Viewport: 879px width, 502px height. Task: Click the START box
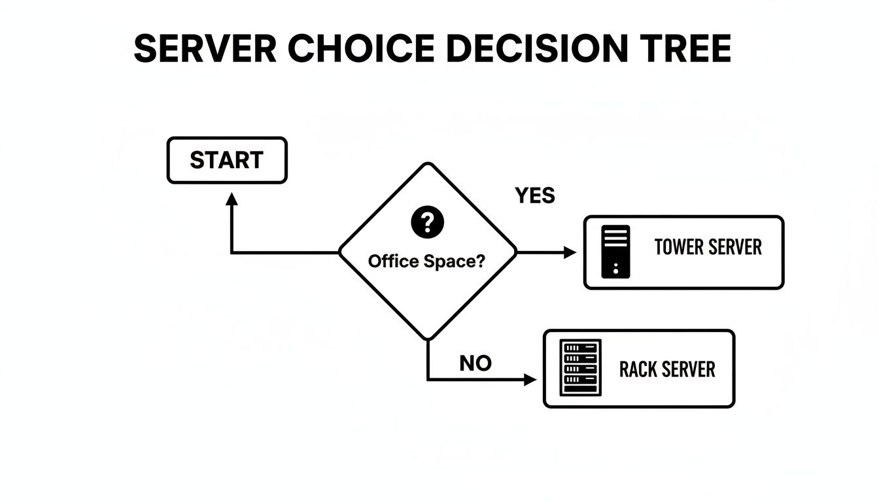[x=227, y=160]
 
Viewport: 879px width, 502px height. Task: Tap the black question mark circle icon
[x=427, y=222]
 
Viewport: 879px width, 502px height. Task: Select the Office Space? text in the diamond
[x=427, y=261]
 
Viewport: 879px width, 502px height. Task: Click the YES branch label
[x=534, y=195]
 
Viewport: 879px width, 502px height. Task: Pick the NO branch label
[x=475, y=363]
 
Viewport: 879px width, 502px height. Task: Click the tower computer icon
[x=616, y=252]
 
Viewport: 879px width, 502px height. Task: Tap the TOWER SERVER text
[x=708, y=247]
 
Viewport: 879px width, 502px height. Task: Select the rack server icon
[x=581, y=367]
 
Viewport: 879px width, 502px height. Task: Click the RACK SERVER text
[x=667, y=369]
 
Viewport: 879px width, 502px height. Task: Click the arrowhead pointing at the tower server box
[x=570, y=252]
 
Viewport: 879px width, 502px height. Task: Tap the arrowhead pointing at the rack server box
[x=530, y=380]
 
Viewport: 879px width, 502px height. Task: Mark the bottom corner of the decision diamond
[x=428, y=339]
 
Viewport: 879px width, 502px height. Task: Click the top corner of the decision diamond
[x=428, y=163]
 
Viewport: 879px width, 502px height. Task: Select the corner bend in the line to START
[x=232, y=252]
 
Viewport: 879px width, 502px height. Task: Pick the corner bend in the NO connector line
[x=428, y=380]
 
